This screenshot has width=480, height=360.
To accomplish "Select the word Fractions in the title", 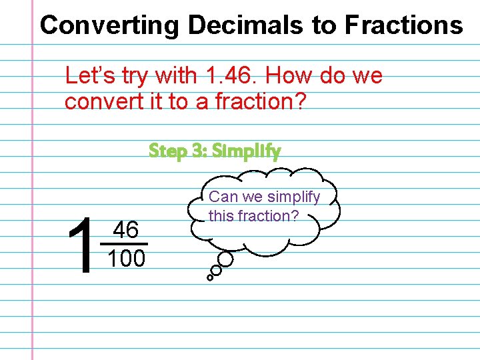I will coord(403,25).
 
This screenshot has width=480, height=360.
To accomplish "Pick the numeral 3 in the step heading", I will coord(198,151).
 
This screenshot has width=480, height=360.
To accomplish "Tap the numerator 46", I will coord(125,231).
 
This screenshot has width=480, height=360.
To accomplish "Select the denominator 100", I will coord(126,259).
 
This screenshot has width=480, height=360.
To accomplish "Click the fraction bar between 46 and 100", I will coord(125,244).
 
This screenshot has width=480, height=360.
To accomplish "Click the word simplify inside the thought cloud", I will coord(293,197).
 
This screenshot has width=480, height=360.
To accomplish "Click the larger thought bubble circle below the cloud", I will coord(225,260).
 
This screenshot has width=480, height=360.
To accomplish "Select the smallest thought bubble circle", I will coord(209,277).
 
